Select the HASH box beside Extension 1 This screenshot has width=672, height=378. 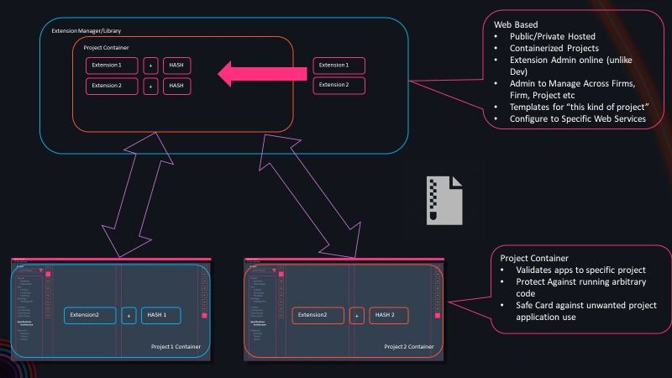176,65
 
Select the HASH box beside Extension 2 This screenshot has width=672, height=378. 176,86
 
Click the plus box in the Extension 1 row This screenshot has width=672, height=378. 150,65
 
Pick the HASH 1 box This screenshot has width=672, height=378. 160,316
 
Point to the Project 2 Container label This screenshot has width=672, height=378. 409,346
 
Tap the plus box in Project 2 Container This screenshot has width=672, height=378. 356,316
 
